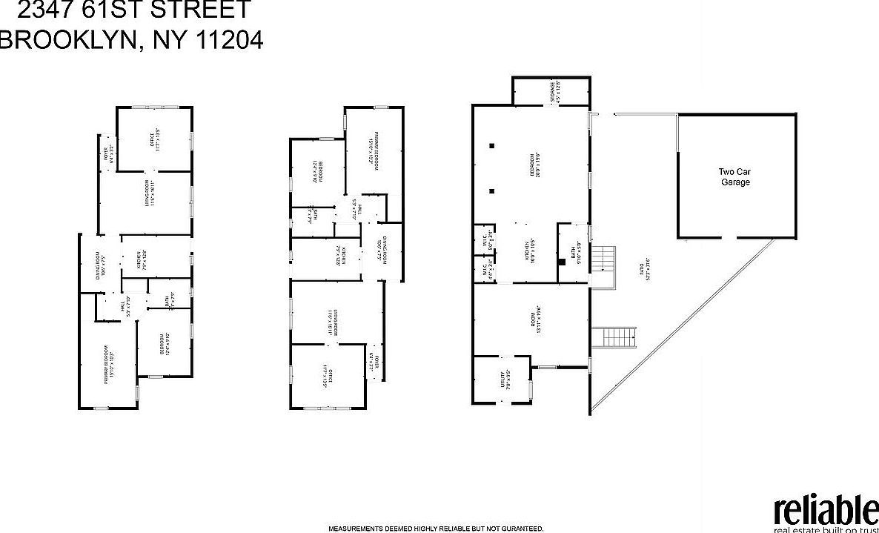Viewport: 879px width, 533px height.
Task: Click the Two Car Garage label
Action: click(x=735, y=176)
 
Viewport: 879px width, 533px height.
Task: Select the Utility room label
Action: click(x=503, y=380)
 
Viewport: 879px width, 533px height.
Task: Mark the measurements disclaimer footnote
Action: click(x=436, y=529)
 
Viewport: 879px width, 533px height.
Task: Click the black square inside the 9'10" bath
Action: click(x=562, y=261)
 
